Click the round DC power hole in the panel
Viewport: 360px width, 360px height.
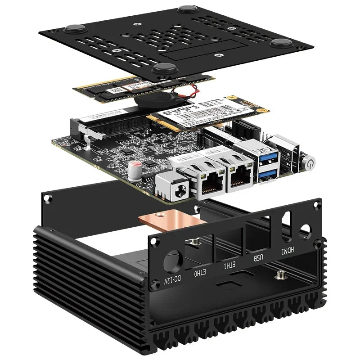[173, 261]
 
